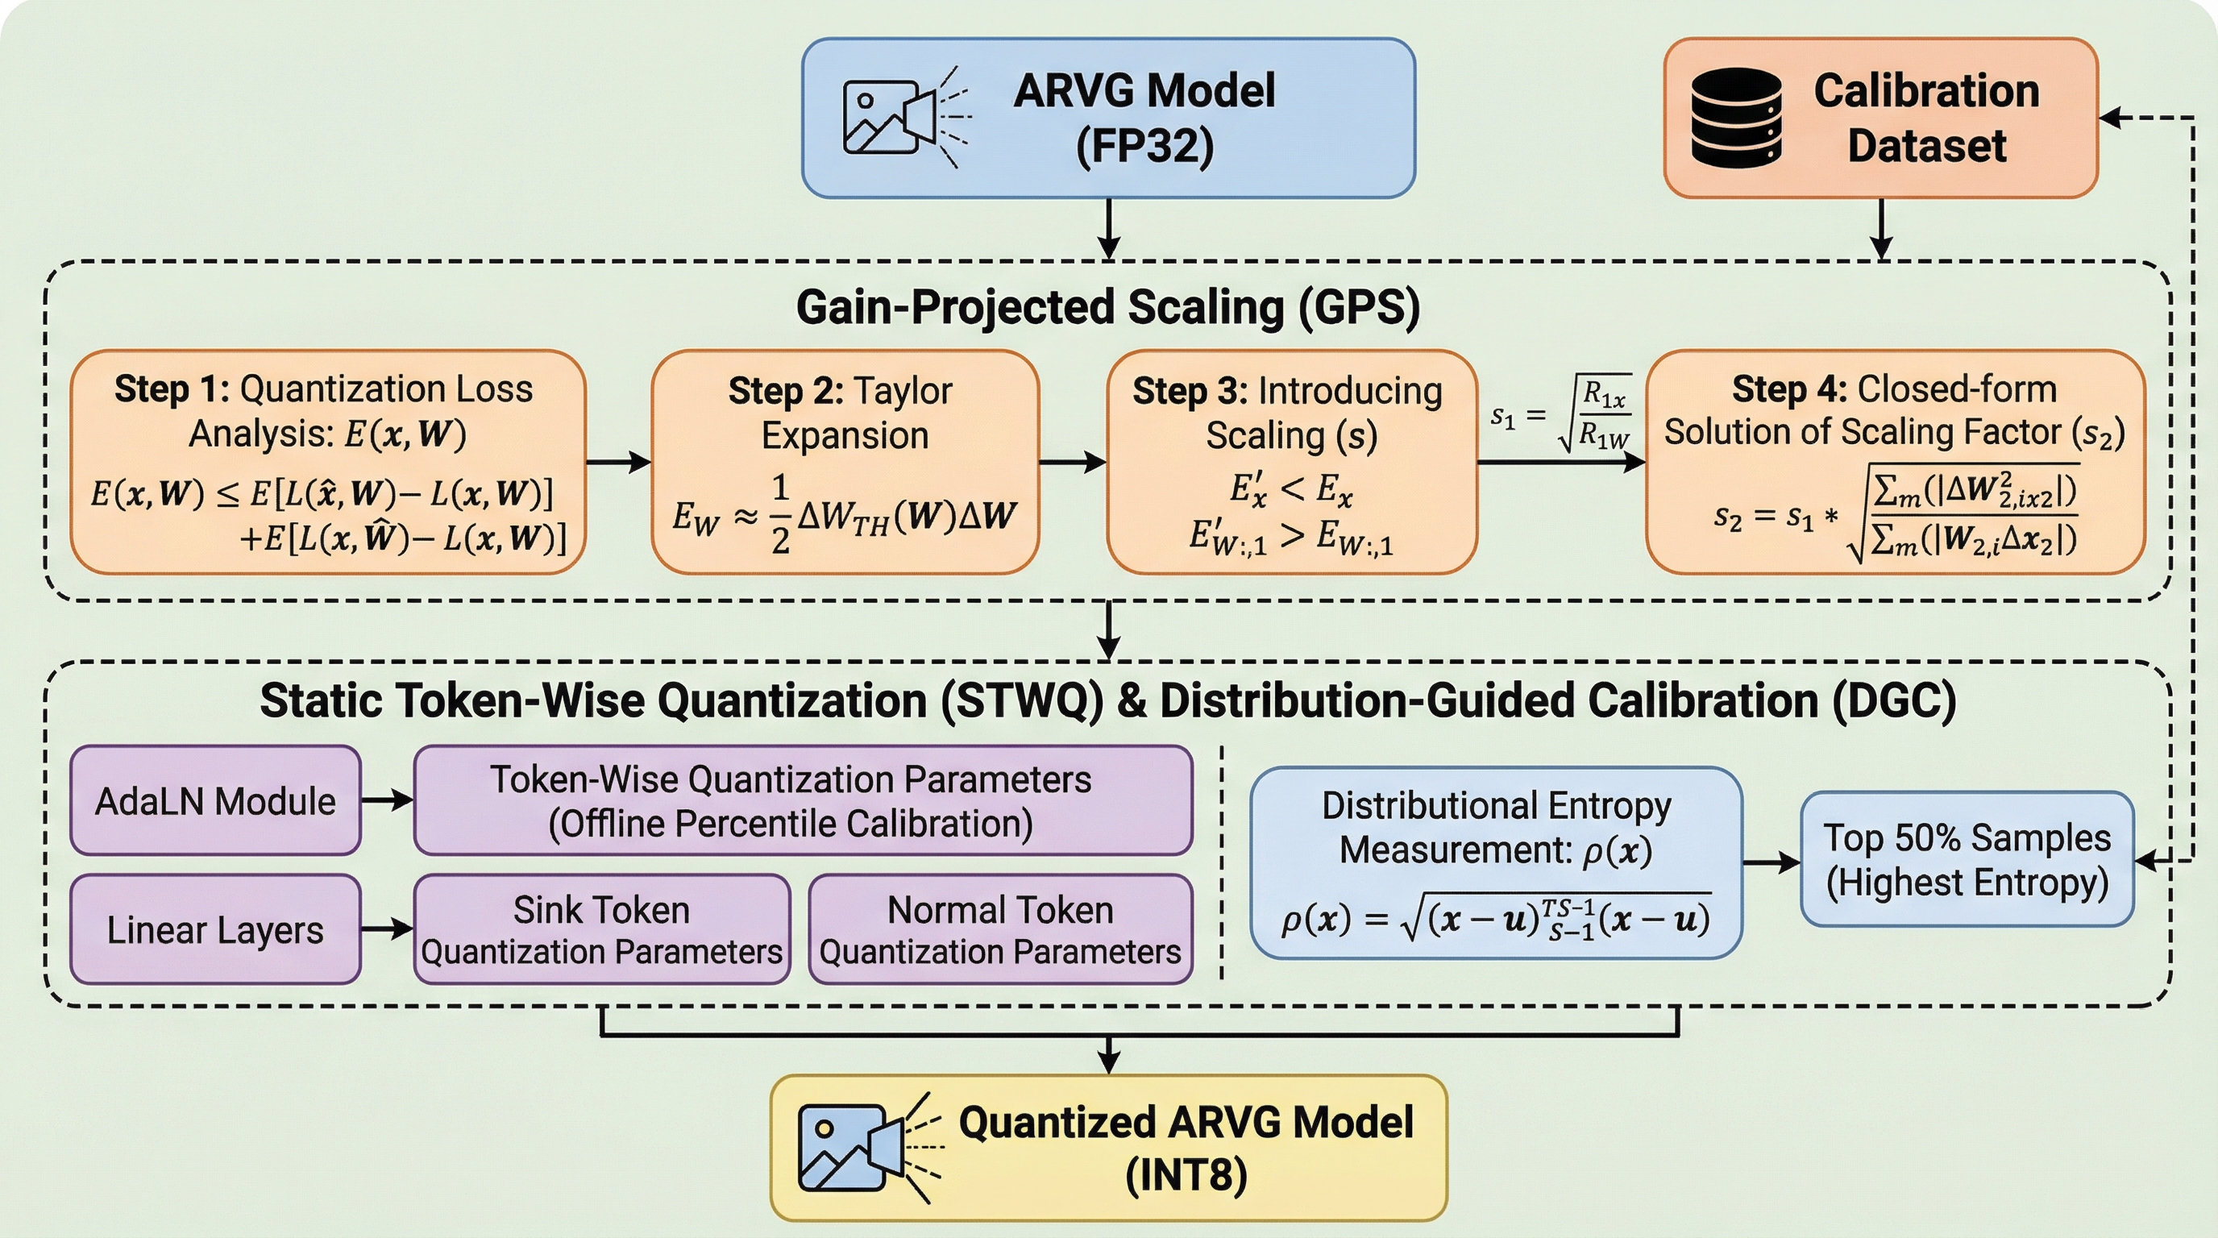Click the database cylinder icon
coord(1736,117)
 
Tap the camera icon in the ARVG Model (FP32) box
coord(907,117)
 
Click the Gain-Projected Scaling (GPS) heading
coord(1108,307)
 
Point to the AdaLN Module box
coord(215,800)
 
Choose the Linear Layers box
coord(215,930)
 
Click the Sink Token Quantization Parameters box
coord(602,930)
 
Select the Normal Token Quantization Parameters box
coord(1000,930)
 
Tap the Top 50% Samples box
coord(1967,859)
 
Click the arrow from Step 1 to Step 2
coord(618,463)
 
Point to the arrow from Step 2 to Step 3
coord(1073,463)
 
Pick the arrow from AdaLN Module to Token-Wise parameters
coord(388,800)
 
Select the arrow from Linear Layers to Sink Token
coord(388,929)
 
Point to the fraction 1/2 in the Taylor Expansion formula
coord(780,515)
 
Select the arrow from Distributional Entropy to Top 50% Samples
coord(1771,862)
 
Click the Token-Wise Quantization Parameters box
coord(804,800)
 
